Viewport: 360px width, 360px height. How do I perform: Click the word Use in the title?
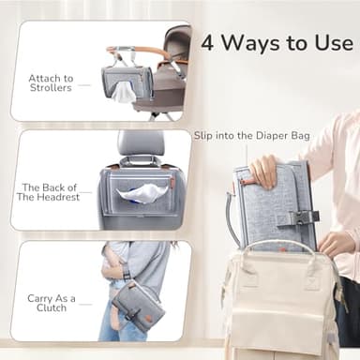coord(329,43)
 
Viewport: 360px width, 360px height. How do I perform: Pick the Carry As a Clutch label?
coord(52,304)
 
